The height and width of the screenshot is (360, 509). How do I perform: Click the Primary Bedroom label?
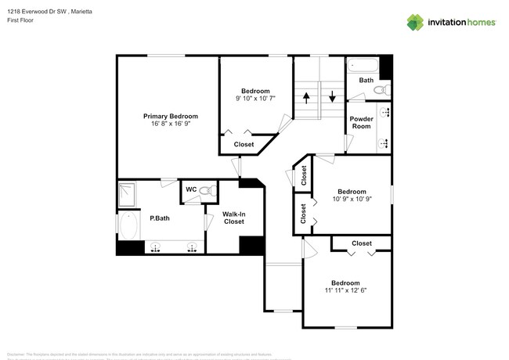pos(170,116)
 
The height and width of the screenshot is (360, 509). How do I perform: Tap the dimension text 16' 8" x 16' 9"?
pos(170,124)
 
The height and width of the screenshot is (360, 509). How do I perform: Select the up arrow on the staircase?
pos(307,98)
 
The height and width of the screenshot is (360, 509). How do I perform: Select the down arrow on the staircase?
pos(332,98)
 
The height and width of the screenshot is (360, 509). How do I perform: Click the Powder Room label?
pos(361,122)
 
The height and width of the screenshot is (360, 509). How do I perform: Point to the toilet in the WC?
pos(204,190)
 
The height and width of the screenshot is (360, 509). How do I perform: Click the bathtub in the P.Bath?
pos(128,227)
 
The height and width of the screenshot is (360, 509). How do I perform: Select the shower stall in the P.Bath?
pos(128,193)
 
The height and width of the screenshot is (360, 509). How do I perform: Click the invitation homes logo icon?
pos(416,22)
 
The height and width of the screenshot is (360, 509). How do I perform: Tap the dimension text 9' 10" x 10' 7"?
pos(256,99)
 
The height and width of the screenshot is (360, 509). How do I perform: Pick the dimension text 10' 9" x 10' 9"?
pos(352,200)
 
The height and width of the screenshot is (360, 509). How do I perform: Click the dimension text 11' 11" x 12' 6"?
pos(345,290)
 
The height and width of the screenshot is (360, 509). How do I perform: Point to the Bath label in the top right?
pos(366,80)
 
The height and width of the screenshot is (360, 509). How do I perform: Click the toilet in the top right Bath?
pos(380,92)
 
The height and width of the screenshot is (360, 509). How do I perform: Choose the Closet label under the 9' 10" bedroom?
pos(244,144)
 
